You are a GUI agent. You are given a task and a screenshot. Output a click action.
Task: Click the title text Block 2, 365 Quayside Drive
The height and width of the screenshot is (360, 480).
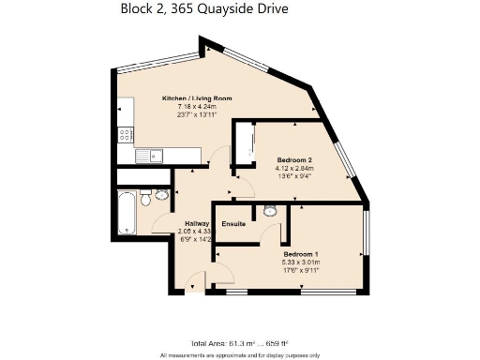coord(204,9)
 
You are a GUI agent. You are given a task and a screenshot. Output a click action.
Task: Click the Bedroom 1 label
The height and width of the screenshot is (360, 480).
coord(302,253)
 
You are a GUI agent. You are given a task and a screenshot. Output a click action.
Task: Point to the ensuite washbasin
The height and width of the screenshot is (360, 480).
coord(270,211)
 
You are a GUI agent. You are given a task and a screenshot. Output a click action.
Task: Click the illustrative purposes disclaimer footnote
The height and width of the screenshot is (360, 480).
coord(239,355)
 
